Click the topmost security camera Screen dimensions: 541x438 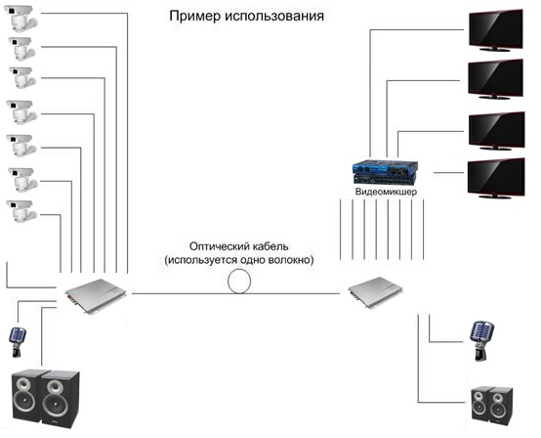[x=21, y=18]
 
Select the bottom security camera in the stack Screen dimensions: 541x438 [x=21, y=211]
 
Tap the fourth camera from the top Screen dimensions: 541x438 [x=21, y=111]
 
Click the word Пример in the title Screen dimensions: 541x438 [x=194, y=17]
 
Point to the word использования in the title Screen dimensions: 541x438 [x=274, y=17]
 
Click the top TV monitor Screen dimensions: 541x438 [x=496, y=30]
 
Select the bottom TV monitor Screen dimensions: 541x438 [x=496, y=179]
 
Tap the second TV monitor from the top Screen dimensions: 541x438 [x=495, y=79]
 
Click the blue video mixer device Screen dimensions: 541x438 [x=385, y=173]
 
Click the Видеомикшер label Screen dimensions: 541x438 [x=386, y=192]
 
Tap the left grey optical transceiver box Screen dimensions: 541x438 [x=96, y=296]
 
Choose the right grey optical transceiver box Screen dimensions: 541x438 [x=375, y=292]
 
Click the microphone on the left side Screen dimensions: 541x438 [x=17, y=342]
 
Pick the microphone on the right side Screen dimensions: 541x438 [x=481, y=340]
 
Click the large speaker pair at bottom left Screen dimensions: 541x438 [x=46, y=398]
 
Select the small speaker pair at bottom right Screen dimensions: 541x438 [x=492, y=405]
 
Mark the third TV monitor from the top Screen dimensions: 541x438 [x=497, y=131]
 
